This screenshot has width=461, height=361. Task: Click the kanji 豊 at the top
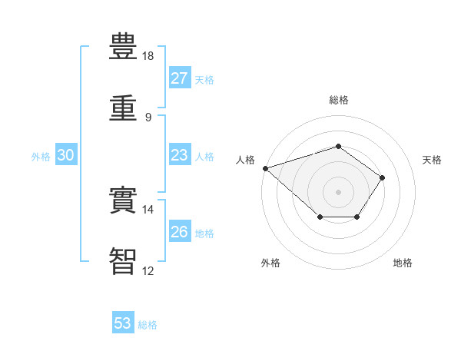pos(123,46)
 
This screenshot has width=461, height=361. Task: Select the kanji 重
pos(123,108)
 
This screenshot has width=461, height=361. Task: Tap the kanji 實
pos(123,200)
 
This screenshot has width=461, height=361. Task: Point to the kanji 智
pos(123,261)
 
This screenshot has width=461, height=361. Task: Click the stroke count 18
pos(148,56)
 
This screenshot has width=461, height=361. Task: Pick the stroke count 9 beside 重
pos(148,118)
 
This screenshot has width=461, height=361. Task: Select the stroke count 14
pos(148,210)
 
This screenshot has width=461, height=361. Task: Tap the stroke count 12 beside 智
pos(148,270)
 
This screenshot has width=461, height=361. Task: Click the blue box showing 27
pos(180,78)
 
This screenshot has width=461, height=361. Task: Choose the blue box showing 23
pos(180,154)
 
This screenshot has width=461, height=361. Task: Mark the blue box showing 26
pos(180,230)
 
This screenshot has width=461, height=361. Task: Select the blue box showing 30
pos(66,154)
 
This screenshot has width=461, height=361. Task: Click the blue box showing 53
pos(123,322)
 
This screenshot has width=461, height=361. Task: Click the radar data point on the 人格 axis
pos(266,168)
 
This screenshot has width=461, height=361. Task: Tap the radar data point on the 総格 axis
pos(338,146)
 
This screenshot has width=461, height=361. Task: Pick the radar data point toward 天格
pos(382,178)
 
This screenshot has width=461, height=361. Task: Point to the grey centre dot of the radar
pos(338,192)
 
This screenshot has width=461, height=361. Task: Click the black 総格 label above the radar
pos(339,100)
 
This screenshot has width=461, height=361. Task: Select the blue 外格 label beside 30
pos(41,157)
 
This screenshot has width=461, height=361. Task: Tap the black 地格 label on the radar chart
pos(403,263)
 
